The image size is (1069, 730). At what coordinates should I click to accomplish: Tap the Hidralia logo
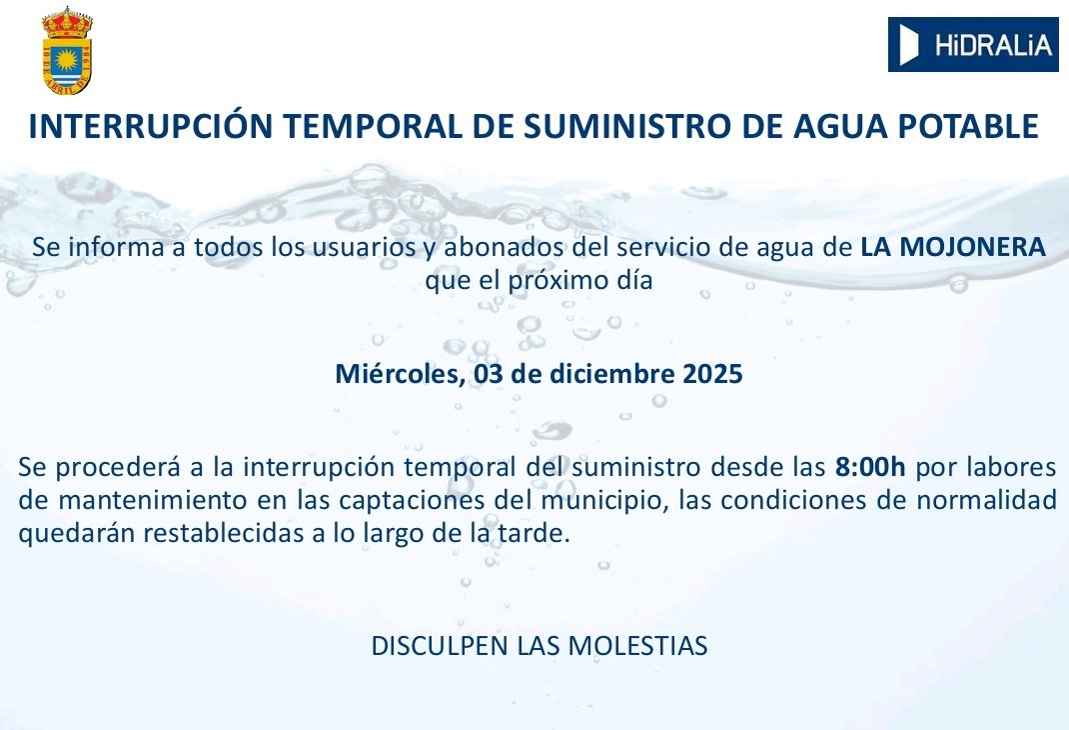pos(972,44)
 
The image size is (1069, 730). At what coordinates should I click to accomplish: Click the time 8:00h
pos(871,466)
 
